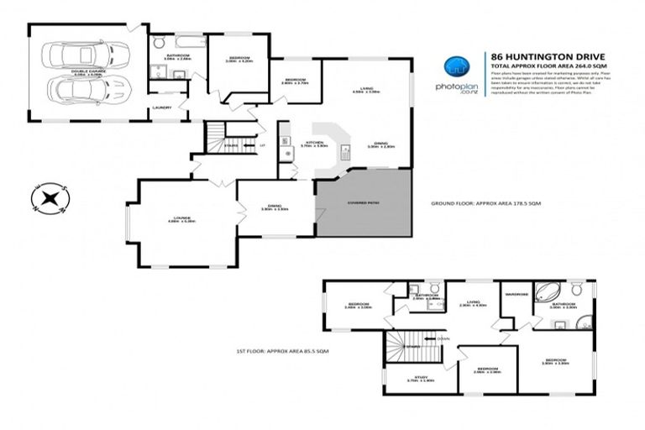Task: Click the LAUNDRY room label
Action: click(160, 107)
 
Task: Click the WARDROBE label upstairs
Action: click(516, 295)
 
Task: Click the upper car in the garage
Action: click(88, 55)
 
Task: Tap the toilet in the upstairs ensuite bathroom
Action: click(585, 320)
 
